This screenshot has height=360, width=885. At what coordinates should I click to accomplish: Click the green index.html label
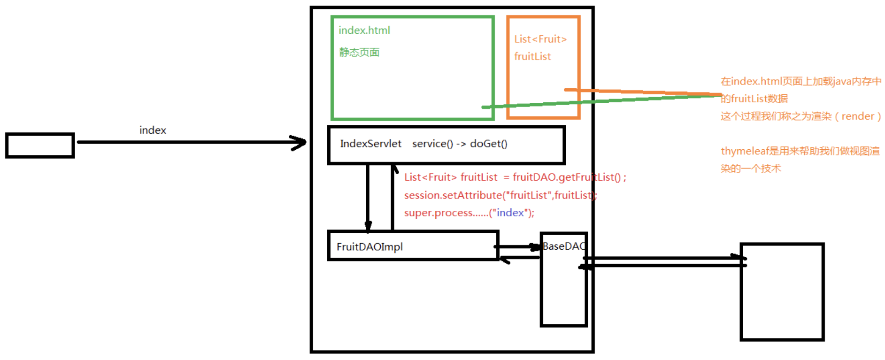click(364, 31)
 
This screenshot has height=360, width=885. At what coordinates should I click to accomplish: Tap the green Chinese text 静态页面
click(359, 52)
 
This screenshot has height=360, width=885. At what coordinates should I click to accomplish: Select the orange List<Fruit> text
click(540, 39)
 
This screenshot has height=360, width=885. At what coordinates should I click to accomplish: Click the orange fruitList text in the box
click(532, 56)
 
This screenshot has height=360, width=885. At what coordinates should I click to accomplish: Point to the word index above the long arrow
click(153, 130)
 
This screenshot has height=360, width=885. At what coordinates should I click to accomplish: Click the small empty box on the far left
click(40, 146)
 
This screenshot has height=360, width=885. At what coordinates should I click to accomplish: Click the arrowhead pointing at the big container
click(299, 142)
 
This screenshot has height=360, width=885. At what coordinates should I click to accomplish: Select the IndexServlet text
click(370, 144)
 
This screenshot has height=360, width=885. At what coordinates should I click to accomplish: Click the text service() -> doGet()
click(459, 144)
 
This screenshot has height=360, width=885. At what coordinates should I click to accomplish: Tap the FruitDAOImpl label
click(369, 247)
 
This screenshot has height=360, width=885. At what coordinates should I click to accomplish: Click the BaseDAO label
click(563, 246)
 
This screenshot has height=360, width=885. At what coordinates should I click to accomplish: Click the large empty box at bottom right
click(782, 291)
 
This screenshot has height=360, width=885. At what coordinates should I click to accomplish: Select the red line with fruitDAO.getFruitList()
click(515, 177)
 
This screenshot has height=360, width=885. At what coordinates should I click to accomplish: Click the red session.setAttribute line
click(500, 195)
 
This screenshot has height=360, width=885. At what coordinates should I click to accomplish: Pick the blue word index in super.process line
click(510, 213)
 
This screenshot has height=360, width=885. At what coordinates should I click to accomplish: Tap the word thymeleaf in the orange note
click(744, 151)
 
